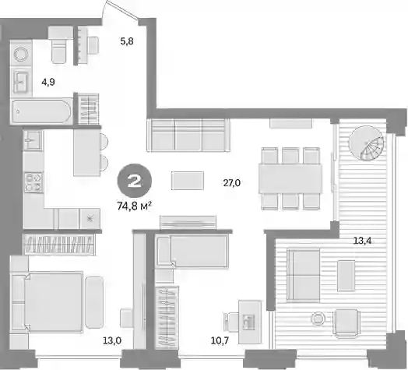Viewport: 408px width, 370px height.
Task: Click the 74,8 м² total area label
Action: pos(134,206)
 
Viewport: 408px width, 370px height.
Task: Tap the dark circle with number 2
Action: pos(135,181)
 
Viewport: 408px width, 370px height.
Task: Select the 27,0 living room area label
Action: pos(231,183)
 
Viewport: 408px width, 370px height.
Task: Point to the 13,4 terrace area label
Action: pos(362,241)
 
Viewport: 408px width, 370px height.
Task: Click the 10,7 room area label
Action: pos(220,340)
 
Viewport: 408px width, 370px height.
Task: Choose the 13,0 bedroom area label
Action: pos(112,340)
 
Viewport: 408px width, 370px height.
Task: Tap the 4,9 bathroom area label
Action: pos(48,83)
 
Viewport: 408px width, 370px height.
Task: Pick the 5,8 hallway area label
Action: pos(127,41)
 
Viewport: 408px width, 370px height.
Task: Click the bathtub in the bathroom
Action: pos(42,111)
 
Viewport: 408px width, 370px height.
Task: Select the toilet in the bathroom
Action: pos(61,44)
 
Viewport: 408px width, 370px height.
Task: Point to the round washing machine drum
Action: pos(21,55)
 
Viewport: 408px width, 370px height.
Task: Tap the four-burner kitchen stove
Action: pos(33,182)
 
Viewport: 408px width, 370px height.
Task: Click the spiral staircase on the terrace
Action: pos(367,144)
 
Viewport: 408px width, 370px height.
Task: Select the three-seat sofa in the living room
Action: pos(188,135)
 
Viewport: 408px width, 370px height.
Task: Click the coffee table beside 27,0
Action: pos(188,181)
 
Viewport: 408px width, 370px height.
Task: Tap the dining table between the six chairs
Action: pos(290,178)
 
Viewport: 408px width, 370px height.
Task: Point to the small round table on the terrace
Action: pos(318,318)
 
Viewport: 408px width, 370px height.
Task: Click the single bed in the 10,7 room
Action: pos(192,251)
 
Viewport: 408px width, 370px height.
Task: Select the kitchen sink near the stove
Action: pos(33,140)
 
